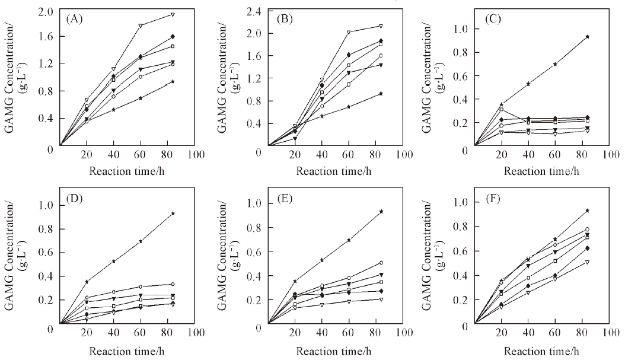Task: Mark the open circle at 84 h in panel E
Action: point(381,262)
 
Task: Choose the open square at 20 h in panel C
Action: point(502,110)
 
